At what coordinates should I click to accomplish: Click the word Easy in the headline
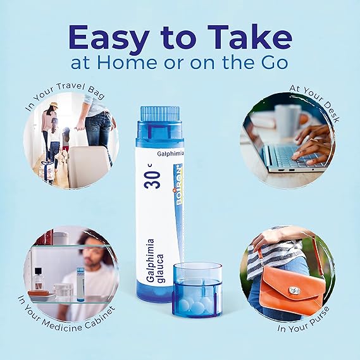pyautogui.click(x=108, y=39)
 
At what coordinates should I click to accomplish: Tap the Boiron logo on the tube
pyautogui.click(x=177, y=184)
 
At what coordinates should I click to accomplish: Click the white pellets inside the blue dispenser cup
pyautogui.click(x=195, y=306)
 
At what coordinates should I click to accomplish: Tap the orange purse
pyautogui.click(x=292, y=291)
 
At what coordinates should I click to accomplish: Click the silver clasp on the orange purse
pyautogui.click(x=294, y=290)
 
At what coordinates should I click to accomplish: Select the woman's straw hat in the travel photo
pyautogui.click(x=54, y=104)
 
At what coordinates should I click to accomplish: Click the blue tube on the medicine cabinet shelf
pyautogui.click(x=80, y=284)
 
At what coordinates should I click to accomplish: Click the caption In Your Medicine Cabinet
pyautogui.click(x=66, y=315)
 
